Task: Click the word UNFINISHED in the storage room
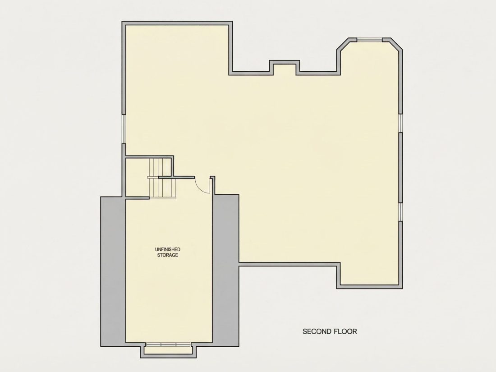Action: (x=168, y=250)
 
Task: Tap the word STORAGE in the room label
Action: (x=168, y=255)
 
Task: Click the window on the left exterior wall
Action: (x=124, y=129)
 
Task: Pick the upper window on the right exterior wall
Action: (x=400, y=123)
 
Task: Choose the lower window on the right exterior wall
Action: (x=400, y=212)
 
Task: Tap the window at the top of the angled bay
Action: (x=369, y=40)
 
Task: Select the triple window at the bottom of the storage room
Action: (x=168, y=344)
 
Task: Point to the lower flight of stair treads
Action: (x=162, y=188)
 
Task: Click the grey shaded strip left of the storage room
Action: (x=113, y=271)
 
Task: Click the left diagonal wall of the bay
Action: (x=343, y=44)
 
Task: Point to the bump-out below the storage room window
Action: (x=168, y=350)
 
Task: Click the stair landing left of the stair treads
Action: (x=138, y=177)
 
